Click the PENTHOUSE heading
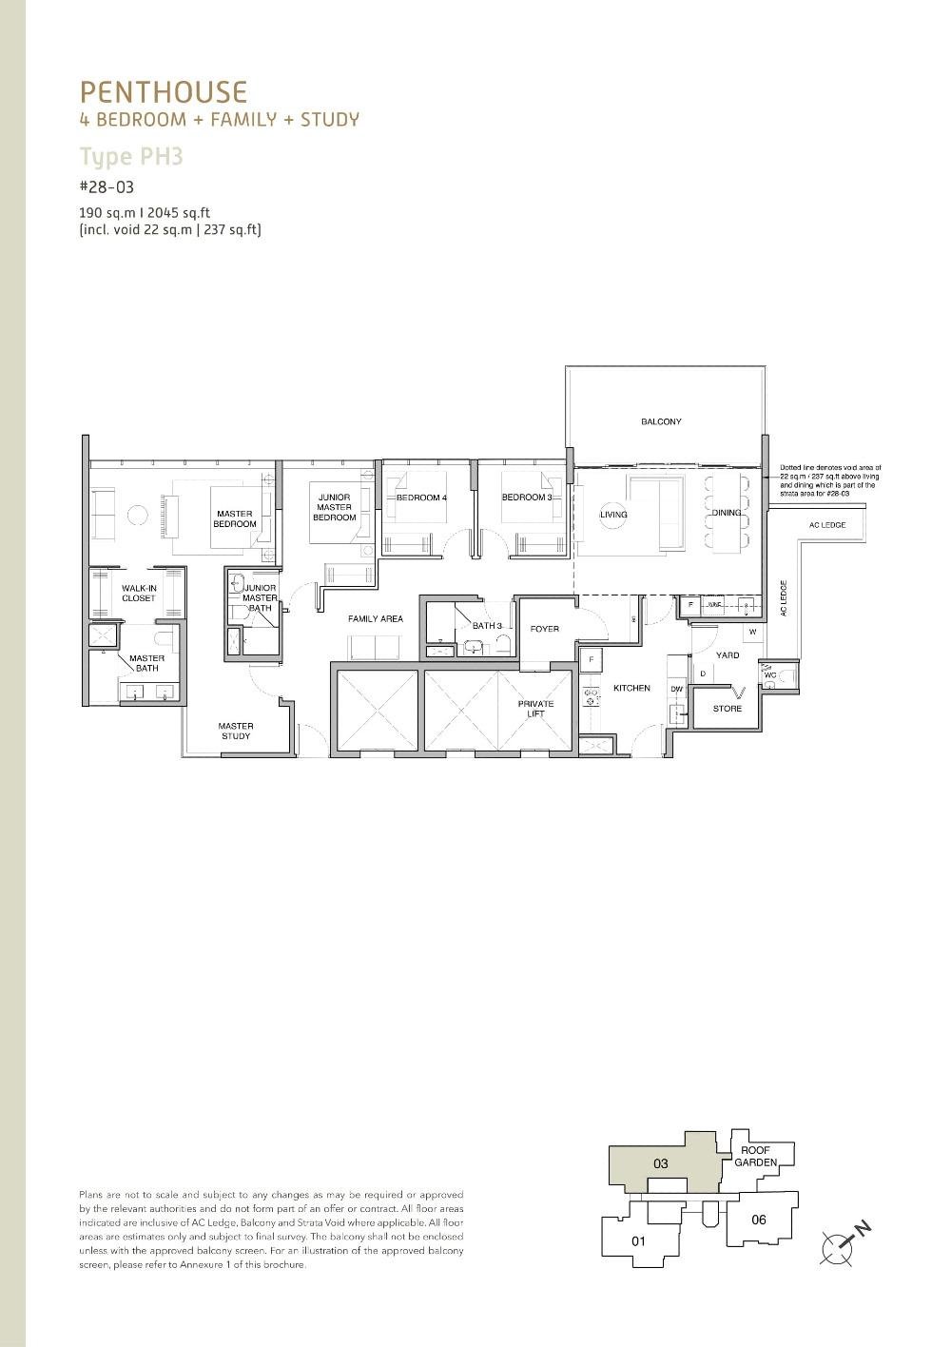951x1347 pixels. pos(164,92)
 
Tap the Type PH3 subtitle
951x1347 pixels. pos(130,156)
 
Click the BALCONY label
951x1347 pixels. pos(660,421)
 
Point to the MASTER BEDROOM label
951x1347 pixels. pos(234,518)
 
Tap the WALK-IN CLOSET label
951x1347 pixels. pos(138,593)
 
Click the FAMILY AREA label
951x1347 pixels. pos(375,618)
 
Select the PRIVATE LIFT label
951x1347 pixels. pos(535,709)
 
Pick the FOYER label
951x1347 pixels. pos(545,629)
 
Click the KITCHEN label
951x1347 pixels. pos(631,688)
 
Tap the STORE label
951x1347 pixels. pos(727,709)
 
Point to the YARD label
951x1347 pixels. pos(728,655)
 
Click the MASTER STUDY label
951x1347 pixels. pos(235,731)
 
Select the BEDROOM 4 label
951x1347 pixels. pos(421,498)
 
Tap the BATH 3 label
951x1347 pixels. pos(487,625)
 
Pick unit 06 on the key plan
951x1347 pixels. pos(758,1220)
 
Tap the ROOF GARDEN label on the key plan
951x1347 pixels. pos(755,1157)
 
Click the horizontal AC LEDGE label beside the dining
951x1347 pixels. pos(826,525)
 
